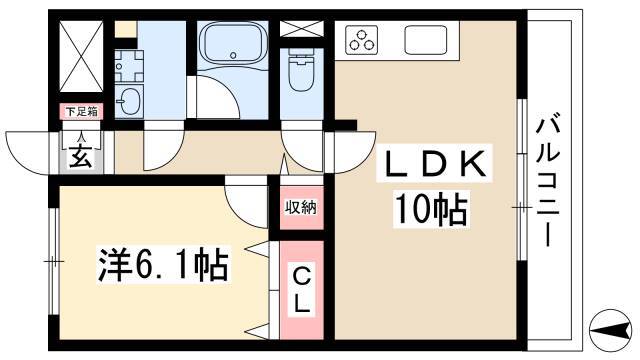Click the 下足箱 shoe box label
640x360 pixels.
pyautogui.click(x=80, y=110)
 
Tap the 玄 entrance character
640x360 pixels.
pyautogui.click(x=79, y=155)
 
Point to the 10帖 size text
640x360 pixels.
pyautogui.click(x=430, y=210)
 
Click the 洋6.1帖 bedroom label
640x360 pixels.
pyautogui.click(x=163, y=265)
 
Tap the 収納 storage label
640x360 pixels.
pyautogui.click(x=301, y=208)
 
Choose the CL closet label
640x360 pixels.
pyautogui.click(x=301, y=286)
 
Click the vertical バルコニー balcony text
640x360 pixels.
pyautogui.click(x=548, y=180)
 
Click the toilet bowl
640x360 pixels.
pyautogui.click(x=301, y=70)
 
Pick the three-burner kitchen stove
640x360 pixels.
pyautogui.click(x=363, y=40)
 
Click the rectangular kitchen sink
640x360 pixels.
pyautogui.click(x=427, y=40)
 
